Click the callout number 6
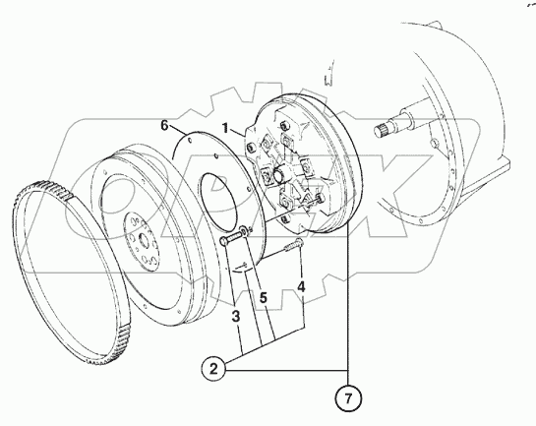coord(166,126)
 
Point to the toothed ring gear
coord(39,256)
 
